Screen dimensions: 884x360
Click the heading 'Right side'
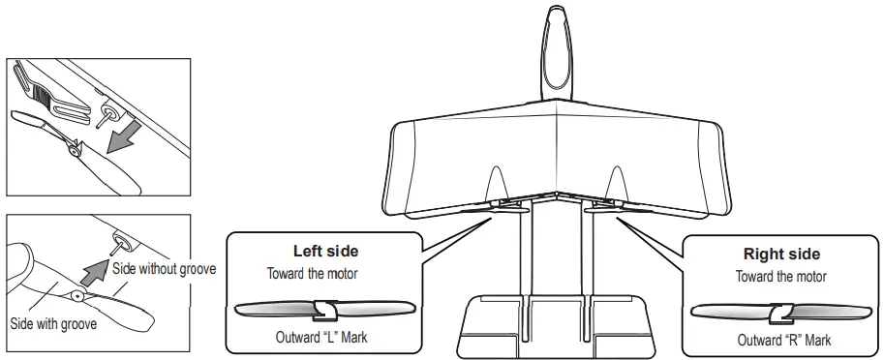[781, 255]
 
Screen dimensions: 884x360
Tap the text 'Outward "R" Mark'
[784, 341]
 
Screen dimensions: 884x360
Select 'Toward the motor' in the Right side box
[782, 276]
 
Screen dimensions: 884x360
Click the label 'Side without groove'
[163, 268]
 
